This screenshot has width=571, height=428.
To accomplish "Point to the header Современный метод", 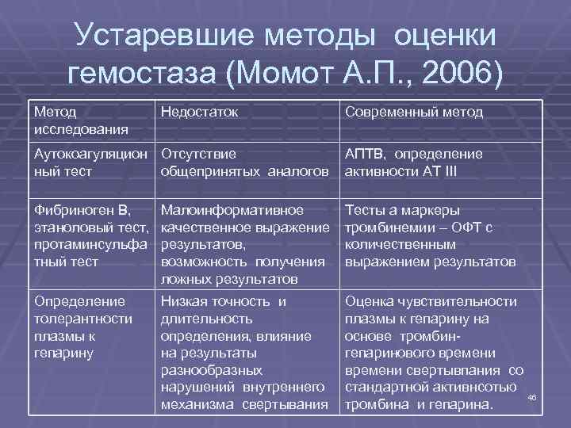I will (413, 112).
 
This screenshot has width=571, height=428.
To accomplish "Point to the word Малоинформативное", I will (232, 211).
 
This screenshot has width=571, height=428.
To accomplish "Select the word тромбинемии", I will (385, 227).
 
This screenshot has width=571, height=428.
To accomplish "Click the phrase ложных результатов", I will (228, 279).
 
